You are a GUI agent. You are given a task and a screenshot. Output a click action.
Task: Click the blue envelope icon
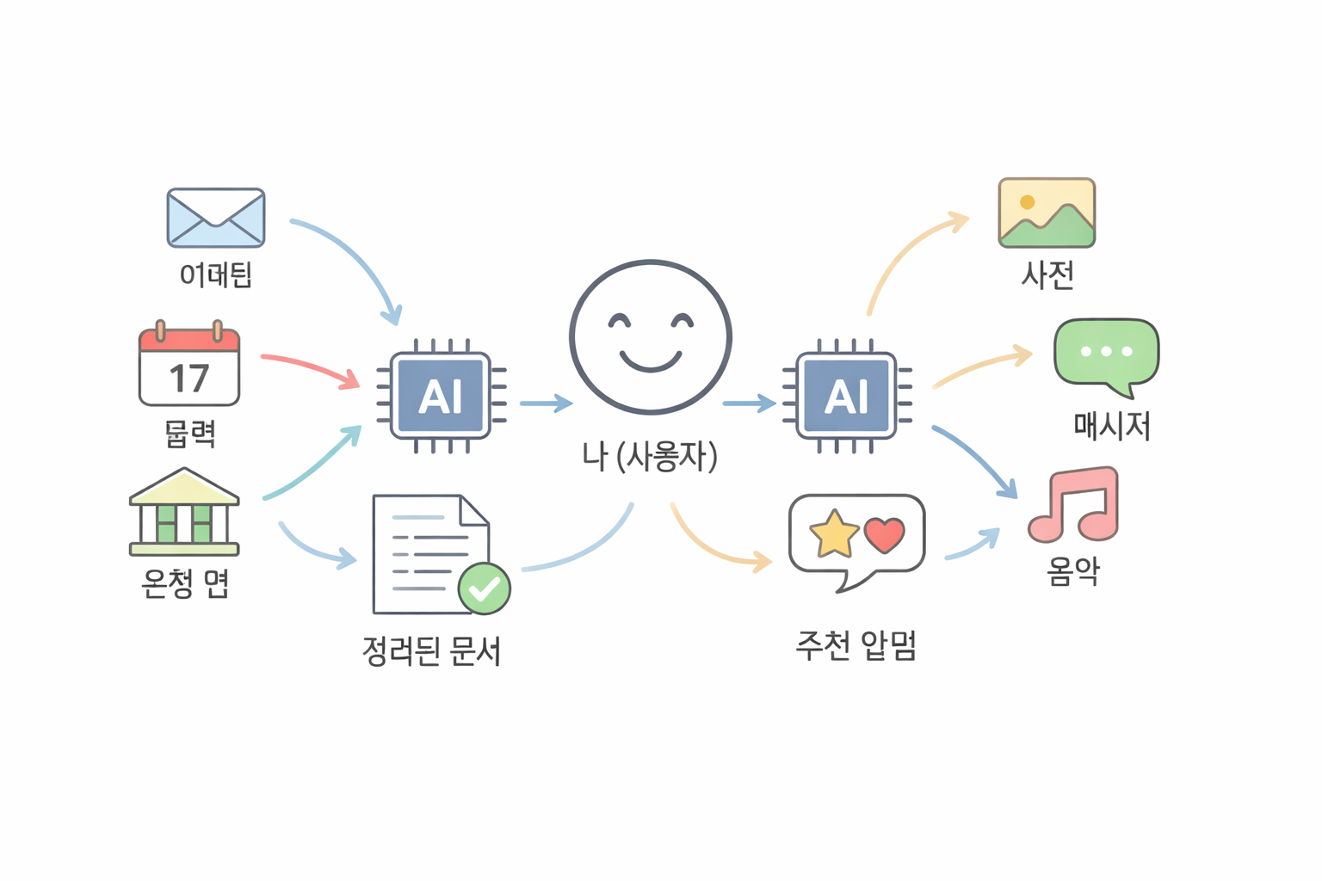pyautogui.click(x=215, y=218)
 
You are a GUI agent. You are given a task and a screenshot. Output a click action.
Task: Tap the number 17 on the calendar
pyautogui.click(x=189, y=379)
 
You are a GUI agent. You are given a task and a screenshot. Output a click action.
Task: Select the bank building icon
pyautogui.click(x=184, y=511)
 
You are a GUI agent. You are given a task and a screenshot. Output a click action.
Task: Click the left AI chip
pyautogui.click(x=441, y=396)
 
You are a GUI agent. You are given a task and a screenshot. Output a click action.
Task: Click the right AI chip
pyautogui.click(x=847, y=396)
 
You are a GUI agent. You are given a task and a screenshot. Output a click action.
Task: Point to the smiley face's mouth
pyautogui.click(x=651, y=360)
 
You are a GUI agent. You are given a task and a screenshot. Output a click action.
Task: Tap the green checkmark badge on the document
pyautogui.click(x=485, y=588)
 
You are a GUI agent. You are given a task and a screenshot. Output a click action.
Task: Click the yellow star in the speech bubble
pyautogui.click(x=834, y=533)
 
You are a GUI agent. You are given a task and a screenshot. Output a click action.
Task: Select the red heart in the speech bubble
pyautogui.click(x=884, y=534)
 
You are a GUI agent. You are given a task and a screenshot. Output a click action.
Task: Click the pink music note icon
pyautogui.click(x=1076, y=505)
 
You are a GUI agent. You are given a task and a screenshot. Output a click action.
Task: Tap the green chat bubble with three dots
pyautogui.click(x=1107, y=353)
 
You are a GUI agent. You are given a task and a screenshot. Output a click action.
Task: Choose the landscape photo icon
pyautogui.click(x=1047, y=213)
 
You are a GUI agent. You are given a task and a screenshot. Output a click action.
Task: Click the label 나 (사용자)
pyautogui.click(x=650, y=456)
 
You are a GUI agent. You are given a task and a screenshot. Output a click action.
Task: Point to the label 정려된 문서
pyautogui.click(x=431, y=651)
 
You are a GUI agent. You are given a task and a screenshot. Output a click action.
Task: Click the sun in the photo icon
pyautogui.click(x=1027, y=202)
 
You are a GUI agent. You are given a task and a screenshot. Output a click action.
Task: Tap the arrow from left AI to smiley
pyautogui.click(x=546, y=403)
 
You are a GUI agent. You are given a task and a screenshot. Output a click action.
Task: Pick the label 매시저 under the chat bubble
pyautogui.click(x=1111, y=426)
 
